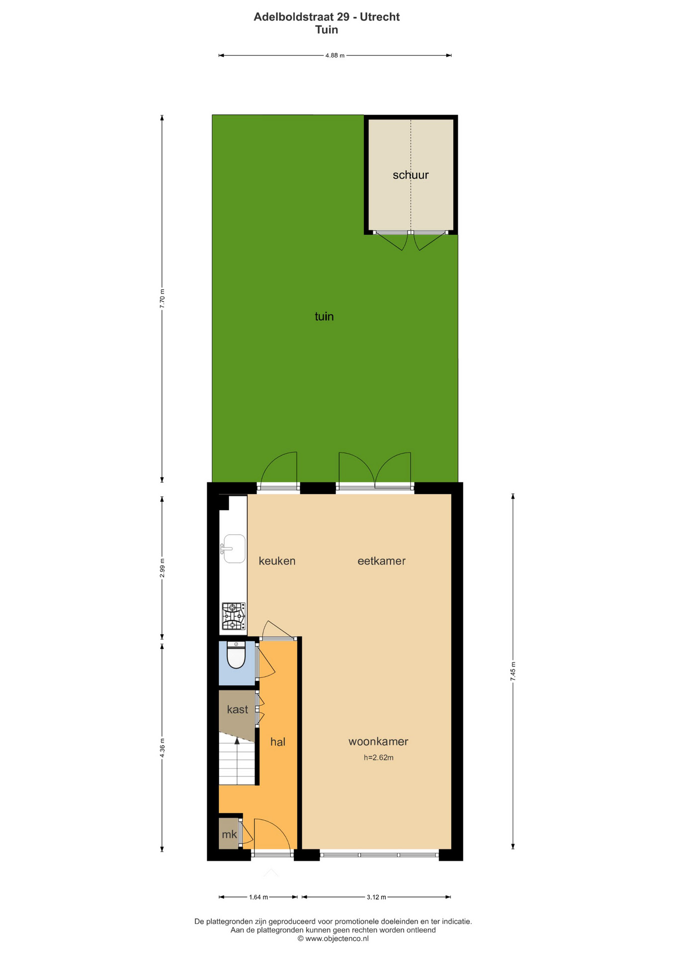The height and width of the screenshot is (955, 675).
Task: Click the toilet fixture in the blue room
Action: click(x=236, y=655)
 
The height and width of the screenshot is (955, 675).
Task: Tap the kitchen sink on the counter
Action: click(x=234, y=549)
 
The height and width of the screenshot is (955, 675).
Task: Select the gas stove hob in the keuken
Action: click(x=234, y=616)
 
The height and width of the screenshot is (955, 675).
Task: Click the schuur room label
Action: click(x=411, y=175)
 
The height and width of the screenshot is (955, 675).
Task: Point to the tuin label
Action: click(x=324, y=316)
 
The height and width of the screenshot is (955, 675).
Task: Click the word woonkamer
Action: click(x=378, y=742)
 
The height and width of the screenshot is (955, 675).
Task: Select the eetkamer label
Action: click(x=381, y=561)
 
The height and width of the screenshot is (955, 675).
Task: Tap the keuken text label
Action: click(x=277, y=561)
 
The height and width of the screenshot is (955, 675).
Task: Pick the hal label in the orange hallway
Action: click(x=278, y=742)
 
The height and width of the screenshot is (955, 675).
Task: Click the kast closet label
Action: click(x=237, y=710)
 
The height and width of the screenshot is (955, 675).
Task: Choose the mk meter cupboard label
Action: click(x=229, y=835)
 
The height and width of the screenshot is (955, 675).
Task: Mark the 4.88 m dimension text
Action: click(x=335, y=56)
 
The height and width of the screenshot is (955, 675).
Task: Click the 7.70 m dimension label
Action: click(x=162, y=298)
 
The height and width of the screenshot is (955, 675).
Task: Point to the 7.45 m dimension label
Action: click(x=513, y=671)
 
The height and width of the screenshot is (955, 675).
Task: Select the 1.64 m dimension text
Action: click(x=258, y=897)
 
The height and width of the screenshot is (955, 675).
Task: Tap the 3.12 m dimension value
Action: click(x=376, y=897)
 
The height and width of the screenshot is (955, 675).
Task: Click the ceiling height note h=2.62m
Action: click(x=379, y=758)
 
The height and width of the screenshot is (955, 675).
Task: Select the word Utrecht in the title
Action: click(x=380, y=17)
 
